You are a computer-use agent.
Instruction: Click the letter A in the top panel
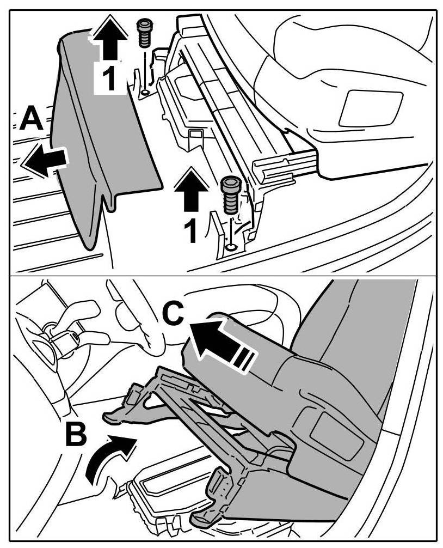coord(32,118)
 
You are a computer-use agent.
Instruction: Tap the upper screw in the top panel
coord(144,33)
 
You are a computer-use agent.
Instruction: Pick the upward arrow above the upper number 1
coord(108,39)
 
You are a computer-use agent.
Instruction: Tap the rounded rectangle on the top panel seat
coord(370,108)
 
